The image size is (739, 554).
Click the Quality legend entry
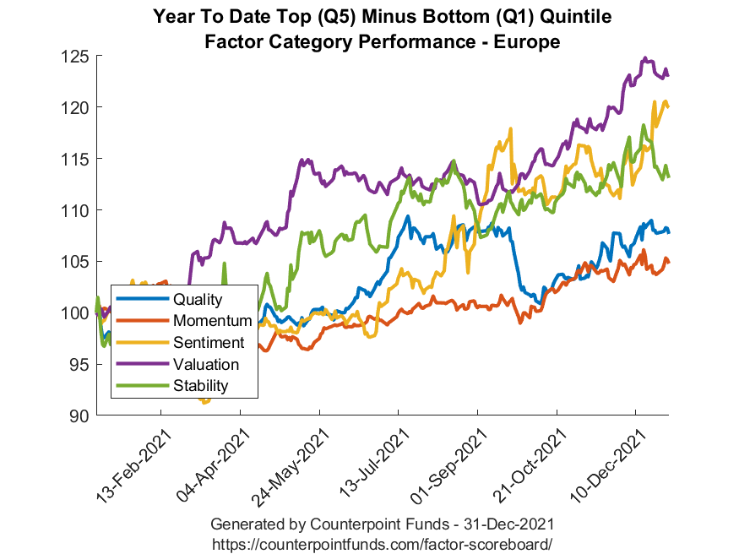[x=197, y=299]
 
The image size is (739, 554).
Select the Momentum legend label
[x=212, y=321]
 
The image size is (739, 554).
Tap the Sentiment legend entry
[x=209, y=343]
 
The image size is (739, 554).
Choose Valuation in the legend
[x=206, y=365]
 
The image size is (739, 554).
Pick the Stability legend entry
[x=200, y=387]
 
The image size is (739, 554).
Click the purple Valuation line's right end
[x=668, y=76]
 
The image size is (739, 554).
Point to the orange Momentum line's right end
[x=668, y=262]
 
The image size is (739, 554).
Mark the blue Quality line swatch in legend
[x=142, y=299]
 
